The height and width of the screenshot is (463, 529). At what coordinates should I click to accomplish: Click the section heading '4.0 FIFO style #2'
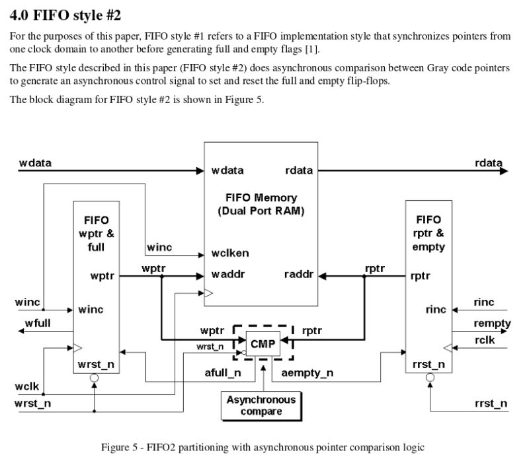(65, 14)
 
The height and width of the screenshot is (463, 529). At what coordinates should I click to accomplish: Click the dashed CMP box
(263, 342)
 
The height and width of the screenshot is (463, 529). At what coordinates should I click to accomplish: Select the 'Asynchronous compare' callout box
(261, 406)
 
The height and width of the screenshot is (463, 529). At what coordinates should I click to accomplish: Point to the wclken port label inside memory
(229, 253)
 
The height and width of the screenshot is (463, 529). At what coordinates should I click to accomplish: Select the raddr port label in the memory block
(298, 274)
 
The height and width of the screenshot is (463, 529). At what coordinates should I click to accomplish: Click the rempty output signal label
(491, 323)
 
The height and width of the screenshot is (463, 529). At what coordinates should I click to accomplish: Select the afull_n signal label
(223, 373)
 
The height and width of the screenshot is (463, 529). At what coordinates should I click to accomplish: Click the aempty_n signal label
(307, 373)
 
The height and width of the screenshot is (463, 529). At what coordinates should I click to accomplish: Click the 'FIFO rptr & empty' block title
(428, 233)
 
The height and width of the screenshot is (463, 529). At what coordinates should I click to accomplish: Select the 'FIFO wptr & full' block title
(97, 233)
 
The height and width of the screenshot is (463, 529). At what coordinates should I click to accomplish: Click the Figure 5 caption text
(262, 447)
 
